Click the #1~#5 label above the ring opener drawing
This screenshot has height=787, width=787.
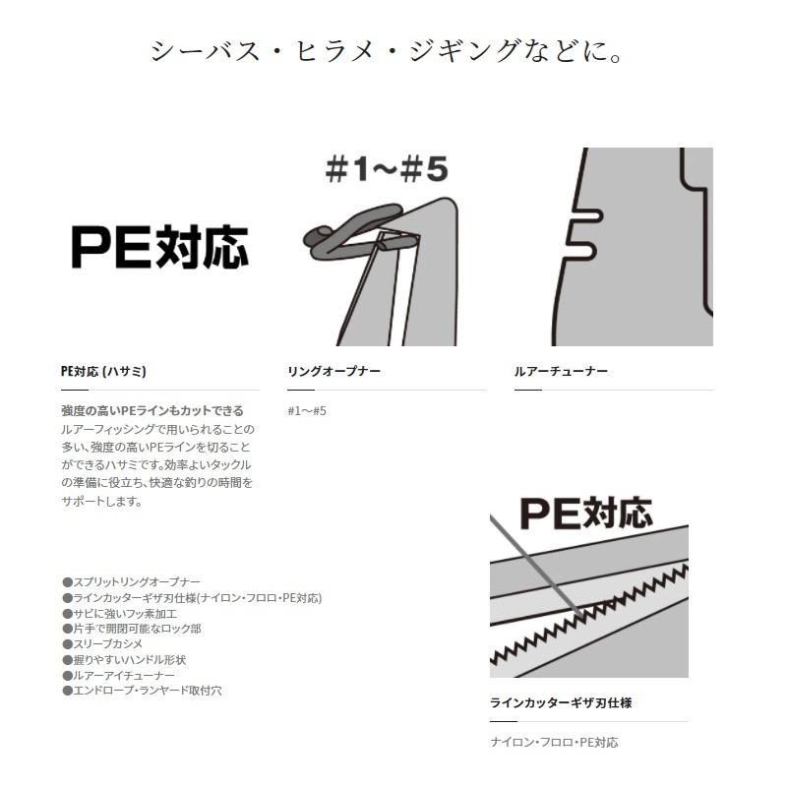[386, 169]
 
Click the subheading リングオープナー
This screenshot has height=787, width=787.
[333, 372]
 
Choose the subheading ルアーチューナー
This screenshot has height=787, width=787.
[561, 372]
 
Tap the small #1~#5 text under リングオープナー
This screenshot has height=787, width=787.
[307, 411]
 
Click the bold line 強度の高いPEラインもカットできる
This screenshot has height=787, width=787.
[151, 411]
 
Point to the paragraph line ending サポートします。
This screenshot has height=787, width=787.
[101, 501]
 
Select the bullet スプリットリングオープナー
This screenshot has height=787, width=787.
[136, 582]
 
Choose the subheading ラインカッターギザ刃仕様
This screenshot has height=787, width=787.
[561, 703]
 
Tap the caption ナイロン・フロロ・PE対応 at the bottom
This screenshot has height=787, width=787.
[554, 743]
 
